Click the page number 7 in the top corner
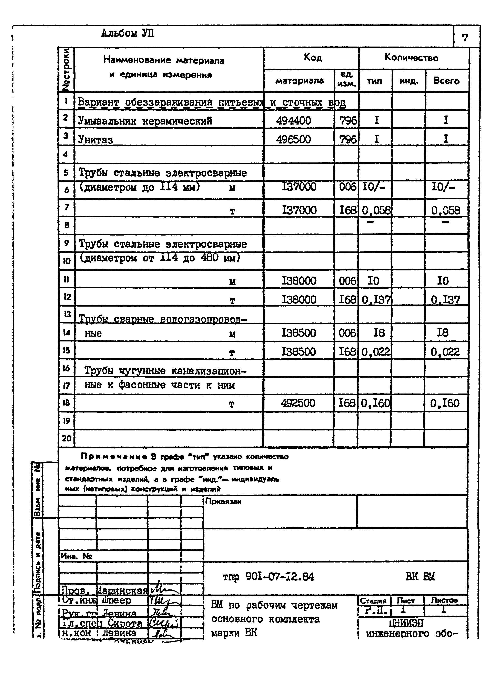465,38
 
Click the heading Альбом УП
128,33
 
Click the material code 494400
293,121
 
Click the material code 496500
293,139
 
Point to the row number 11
66,279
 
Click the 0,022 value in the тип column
376,352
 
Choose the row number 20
66,438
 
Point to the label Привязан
223,501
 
